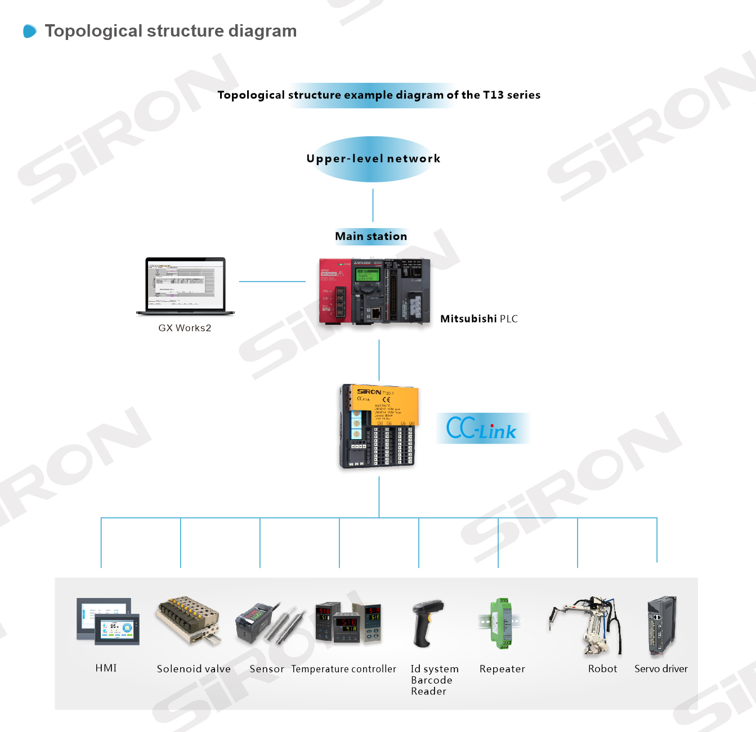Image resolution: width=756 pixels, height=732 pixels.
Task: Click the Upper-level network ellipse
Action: click(373, 159)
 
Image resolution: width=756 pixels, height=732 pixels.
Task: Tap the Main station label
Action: click(371, 236)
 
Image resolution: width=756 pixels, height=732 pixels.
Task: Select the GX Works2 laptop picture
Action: click(185, 286)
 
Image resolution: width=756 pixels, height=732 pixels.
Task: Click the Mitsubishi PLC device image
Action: click(374, 292)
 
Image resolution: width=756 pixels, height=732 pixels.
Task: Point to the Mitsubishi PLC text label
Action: click(478, 319)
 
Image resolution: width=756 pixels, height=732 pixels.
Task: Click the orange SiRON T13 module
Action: click(379, 426)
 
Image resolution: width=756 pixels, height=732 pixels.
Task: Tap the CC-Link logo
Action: click(482, 429)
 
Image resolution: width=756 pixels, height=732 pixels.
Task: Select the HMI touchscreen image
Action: click(108, 621)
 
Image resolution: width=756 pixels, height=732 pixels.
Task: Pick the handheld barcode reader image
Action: click(427, 623)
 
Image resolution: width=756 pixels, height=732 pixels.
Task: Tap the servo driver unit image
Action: click(662, 625)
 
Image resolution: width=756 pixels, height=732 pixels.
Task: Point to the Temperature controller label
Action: click(343, 669)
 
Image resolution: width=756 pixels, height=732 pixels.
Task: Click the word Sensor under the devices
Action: click(267, 669)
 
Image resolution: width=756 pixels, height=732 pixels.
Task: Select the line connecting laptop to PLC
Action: click(272, 282)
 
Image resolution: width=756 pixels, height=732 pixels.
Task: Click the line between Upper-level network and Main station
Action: click(373, 205)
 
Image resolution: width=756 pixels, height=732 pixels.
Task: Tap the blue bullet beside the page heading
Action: click(30, 31)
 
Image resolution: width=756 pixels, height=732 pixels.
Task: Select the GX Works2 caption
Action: click(185, 328)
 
